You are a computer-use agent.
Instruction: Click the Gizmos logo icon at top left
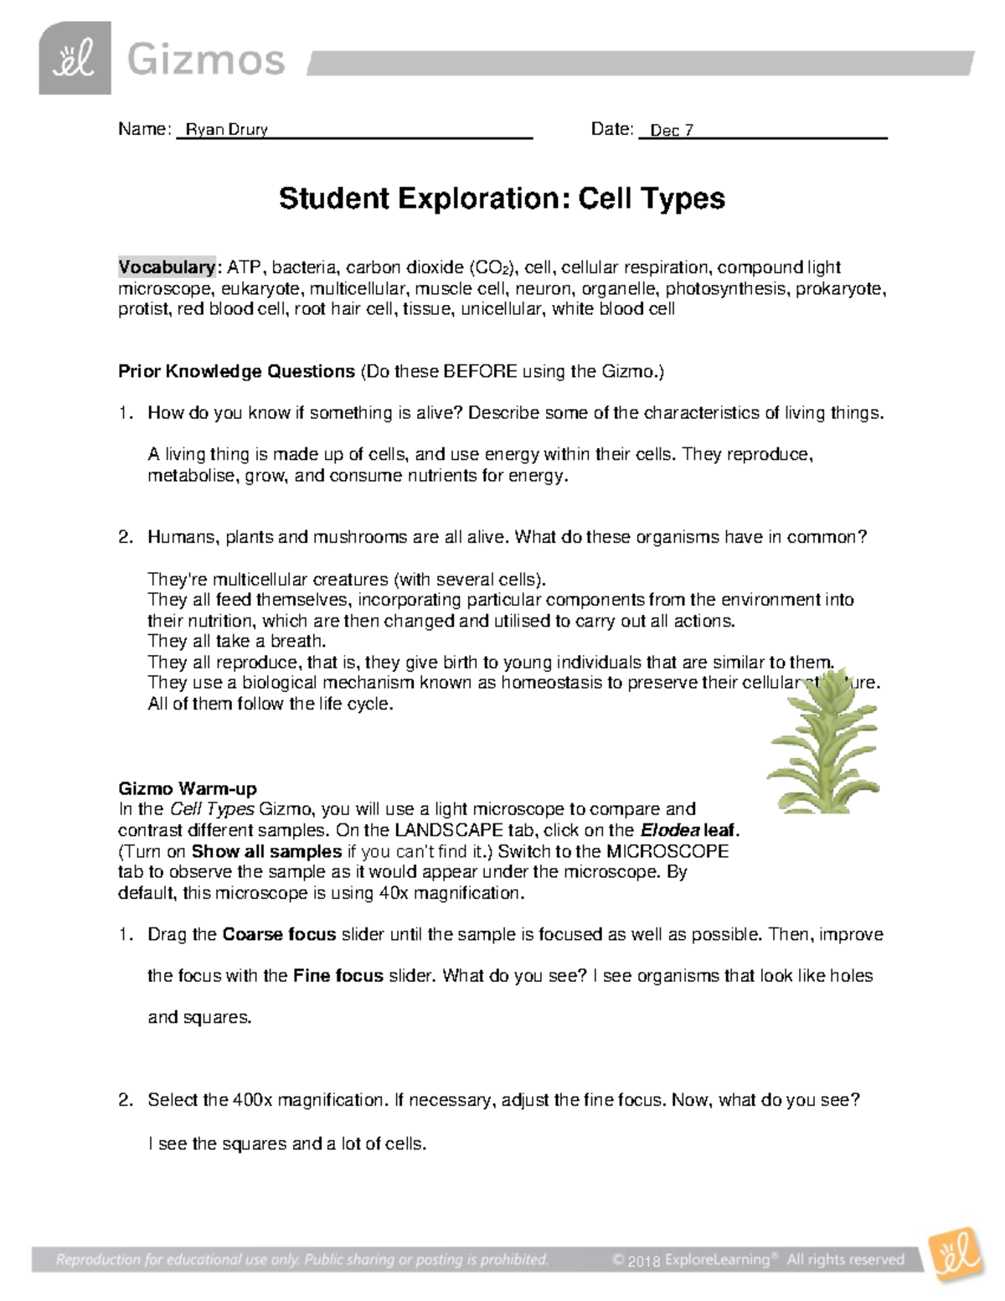(x=75, y=59)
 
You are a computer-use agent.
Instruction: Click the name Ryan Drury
(x=226, y=130)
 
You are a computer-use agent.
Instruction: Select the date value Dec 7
(x=671, y=131)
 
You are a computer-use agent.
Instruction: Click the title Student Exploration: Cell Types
(x=502, y=199)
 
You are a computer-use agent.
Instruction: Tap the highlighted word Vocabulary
(x=167, y=267)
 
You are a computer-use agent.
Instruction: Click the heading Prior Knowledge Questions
(x=236, y=371)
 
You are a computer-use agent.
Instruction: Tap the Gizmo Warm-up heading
(x=188, y=788)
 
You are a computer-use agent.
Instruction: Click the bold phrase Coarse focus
(x=279, y=934)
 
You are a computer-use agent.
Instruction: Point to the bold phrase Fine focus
(x=338, y=976)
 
